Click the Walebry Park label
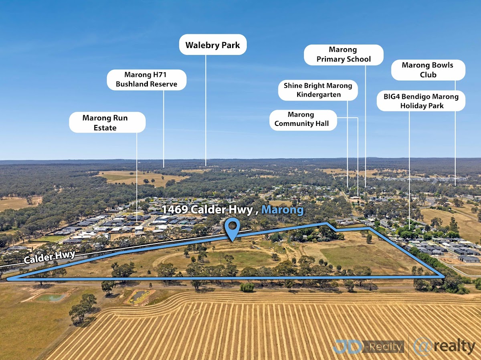212,45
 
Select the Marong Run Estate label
107,123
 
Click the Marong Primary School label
344,55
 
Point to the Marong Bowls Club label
428,70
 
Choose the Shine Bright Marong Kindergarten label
318,90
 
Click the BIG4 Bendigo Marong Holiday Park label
421,101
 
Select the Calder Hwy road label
50,257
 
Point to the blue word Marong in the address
282,210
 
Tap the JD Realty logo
368,346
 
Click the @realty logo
444,346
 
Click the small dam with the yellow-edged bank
138,296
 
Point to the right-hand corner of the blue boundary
443,276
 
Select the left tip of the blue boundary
8,278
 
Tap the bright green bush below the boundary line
247,287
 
